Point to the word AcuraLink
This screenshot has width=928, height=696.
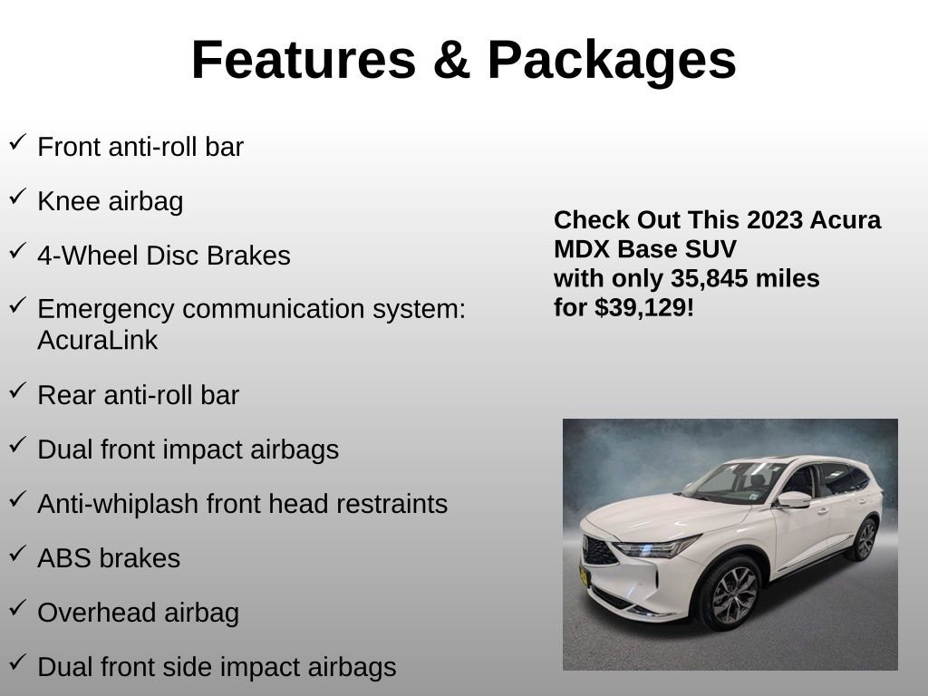coord(97,341)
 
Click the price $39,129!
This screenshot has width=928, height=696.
coord(644,308)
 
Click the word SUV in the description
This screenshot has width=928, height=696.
coord(711,249)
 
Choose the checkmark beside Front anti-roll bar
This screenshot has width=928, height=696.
coord(17,142)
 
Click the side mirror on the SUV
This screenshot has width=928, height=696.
coord(792,499)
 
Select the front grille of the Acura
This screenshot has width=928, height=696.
coord(599,549)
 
